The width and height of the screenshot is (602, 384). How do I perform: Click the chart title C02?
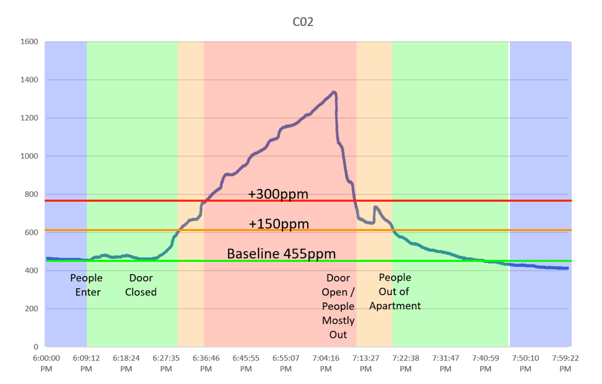(x=303, y=22)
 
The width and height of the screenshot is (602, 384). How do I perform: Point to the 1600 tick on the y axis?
(x=30, y=42)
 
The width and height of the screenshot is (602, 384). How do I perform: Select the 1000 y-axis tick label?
(x=30, y=156)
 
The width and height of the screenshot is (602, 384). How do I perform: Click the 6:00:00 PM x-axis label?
(x=46, y=363)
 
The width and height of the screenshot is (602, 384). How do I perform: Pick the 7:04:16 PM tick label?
(x=326, y=363)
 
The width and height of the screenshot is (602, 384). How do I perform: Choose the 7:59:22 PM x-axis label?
(x=565, y=363)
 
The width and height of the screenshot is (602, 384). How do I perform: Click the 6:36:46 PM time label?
(x=206, y=363)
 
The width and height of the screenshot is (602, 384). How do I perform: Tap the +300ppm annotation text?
(x=278, y=194)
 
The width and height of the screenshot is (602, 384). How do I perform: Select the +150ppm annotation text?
(x=278, y=223)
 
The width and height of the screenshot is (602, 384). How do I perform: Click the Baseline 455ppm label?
(x=281, y=254)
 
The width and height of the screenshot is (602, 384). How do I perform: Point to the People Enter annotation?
(x=87, y=285)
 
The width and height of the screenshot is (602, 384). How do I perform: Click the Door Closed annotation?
(x=141, y=285)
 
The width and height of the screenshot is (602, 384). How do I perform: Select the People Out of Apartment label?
(x=395, y=291)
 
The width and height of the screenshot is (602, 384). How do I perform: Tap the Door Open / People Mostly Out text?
(x=338, y=306)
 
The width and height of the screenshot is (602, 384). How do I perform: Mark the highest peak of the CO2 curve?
(x=334, y=92)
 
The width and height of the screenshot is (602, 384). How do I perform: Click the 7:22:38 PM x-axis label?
(x=405, y=363)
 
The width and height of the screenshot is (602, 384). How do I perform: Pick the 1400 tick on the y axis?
(x=30, y=80)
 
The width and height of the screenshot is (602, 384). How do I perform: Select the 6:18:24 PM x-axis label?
(x=126, y=363)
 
